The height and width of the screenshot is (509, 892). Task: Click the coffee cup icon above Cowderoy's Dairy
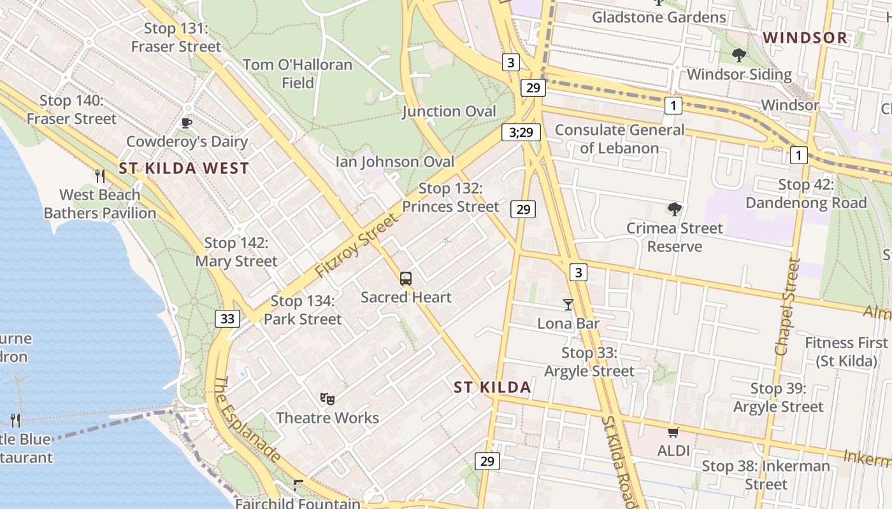[186, 123]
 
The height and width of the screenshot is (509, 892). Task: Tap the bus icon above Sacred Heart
[406, 279]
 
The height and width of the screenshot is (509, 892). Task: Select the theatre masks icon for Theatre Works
[327, 399]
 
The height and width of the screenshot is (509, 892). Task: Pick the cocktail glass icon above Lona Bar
[568, 305]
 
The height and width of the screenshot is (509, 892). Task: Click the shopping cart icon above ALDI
[673, 433]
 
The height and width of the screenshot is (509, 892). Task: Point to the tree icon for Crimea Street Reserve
[674, 209]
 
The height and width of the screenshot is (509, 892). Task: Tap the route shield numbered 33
[227, 319]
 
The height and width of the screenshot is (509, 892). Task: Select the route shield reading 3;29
[521, 132]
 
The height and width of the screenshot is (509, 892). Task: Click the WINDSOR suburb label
[805, 38]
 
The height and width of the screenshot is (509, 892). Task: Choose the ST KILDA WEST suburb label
[183, 169]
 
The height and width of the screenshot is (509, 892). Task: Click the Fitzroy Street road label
[356, 246]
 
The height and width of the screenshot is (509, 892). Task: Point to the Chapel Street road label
[786, 307]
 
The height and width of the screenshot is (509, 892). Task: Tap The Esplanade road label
[247, 420]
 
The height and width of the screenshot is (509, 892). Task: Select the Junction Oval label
[449, 111]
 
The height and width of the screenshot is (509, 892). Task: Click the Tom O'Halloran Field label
[298, 74]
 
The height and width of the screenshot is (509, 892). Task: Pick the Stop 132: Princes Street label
[450, 197]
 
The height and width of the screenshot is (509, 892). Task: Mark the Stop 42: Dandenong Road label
[806, 193]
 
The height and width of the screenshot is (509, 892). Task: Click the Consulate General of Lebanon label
[619, 139]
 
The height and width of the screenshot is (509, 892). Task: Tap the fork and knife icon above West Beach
[99, 176]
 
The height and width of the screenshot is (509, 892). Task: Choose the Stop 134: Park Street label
[303, 309]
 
